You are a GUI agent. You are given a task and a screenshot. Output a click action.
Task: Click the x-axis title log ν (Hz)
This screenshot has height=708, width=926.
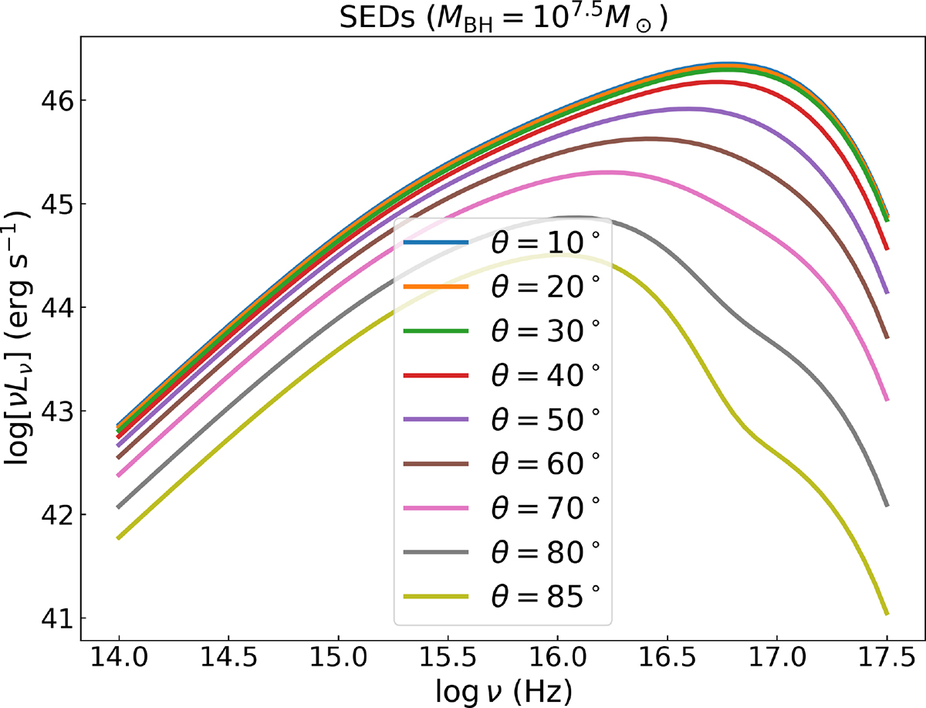pos(502,689)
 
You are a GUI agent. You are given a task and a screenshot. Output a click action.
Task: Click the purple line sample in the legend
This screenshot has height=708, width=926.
pos(437,419)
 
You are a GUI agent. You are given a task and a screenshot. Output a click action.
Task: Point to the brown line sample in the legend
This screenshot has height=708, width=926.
pos(437,463)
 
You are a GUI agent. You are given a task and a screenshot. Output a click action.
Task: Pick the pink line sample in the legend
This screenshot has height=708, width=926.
pos(437,507)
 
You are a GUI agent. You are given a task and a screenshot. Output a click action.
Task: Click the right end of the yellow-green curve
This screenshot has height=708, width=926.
pos(887,614)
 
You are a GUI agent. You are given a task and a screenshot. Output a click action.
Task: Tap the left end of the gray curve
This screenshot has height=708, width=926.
pos(119,507)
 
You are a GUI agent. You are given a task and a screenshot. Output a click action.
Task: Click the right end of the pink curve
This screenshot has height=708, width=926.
pos(887,400)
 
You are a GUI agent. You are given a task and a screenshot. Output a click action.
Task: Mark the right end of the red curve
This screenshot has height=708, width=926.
pos(887,249)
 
